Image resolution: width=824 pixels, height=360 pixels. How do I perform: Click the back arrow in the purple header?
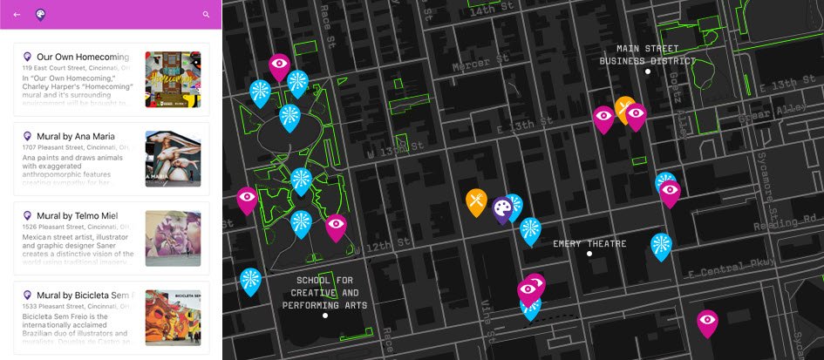point(17,14)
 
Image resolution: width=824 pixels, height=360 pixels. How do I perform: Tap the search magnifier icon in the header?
point(207,14)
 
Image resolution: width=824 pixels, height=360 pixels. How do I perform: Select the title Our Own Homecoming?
point(83,57)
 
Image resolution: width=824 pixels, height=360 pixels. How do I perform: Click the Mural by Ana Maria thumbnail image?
point(173,159)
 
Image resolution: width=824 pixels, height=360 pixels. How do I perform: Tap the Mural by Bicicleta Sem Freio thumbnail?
point(173,318)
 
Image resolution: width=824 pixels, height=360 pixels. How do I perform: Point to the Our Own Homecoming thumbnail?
point(173,79)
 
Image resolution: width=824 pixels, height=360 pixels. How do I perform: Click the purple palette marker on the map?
point(501,209)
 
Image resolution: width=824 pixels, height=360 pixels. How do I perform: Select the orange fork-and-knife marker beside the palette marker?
point(475,202)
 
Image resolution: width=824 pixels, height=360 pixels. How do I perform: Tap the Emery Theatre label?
point(589,244)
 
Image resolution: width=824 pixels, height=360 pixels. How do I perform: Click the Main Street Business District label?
point(648,55)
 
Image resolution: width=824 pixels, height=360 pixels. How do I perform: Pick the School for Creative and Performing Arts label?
point(324,293)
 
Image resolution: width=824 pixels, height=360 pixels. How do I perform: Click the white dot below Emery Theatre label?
point(589,254)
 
